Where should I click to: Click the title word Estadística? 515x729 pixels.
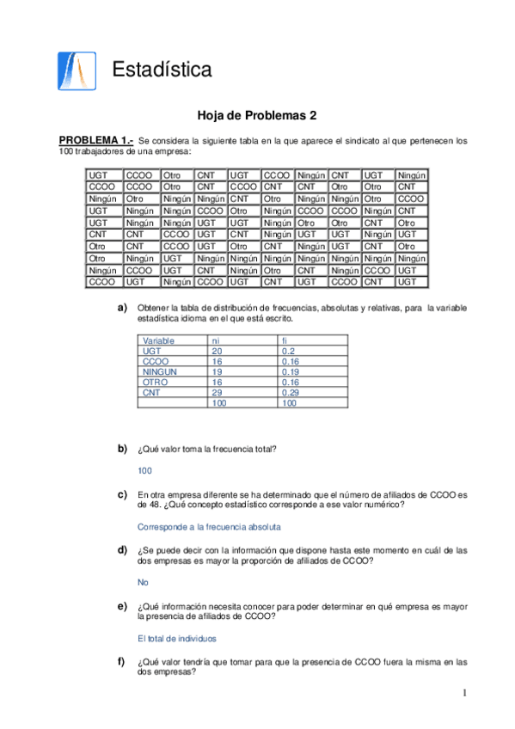point(162,70)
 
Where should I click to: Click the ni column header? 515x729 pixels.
point(217,340)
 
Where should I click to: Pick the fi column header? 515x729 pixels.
point(285,340)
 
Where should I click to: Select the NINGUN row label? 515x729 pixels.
point(160,372)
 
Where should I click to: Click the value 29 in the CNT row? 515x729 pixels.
point(218,393)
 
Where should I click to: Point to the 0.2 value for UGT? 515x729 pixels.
point(288,352)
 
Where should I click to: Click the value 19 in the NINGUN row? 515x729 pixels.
point(218,372)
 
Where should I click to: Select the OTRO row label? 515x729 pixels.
point(156,383)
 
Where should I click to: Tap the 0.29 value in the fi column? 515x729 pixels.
point(291,393)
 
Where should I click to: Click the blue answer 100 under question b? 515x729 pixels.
point(144,470)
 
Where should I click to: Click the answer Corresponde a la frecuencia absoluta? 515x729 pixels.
point(209,526)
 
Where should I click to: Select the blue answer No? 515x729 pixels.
point(143,582)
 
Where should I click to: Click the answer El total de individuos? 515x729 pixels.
point(177,638)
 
